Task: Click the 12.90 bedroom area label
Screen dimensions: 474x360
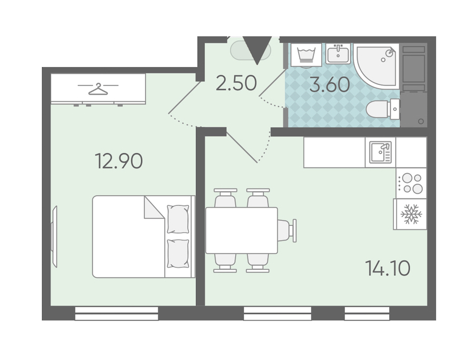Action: pos(118,161)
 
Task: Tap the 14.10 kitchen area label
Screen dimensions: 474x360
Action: pos(388,268)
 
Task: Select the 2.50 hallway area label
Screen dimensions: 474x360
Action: pos(236,83)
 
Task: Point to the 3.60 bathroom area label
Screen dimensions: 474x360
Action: pos(330,84)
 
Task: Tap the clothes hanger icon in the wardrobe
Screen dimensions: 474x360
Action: pos(98,89)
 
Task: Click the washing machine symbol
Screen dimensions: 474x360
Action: pos(306,55)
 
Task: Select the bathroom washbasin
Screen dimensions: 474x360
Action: pos(338,54)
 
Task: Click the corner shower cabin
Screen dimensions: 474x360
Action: pos(377,64)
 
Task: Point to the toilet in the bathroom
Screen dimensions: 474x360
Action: pos(383,109)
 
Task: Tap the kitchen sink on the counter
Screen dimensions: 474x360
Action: pos(380,152)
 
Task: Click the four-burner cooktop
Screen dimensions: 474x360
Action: pos(411,183)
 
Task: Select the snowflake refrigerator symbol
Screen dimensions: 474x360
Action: pos(411,214)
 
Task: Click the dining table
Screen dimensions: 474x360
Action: pos(242,231)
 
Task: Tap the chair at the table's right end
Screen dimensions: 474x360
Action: pos(287,231)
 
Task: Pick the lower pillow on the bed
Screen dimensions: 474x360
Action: pos(178,254)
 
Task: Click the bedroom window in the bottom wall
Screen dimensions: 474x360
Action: pos(116,314)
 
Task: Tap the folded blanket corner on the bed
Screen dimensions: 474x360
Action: pos(154,207)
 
